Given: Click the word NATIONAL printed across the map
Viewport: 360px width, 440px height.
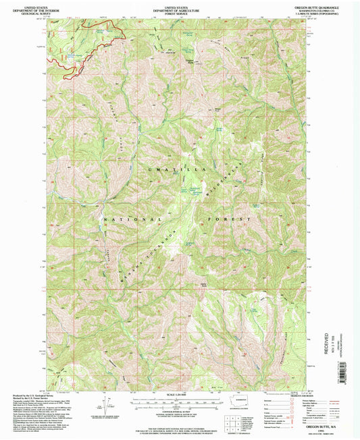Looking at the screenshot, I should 132,220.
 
